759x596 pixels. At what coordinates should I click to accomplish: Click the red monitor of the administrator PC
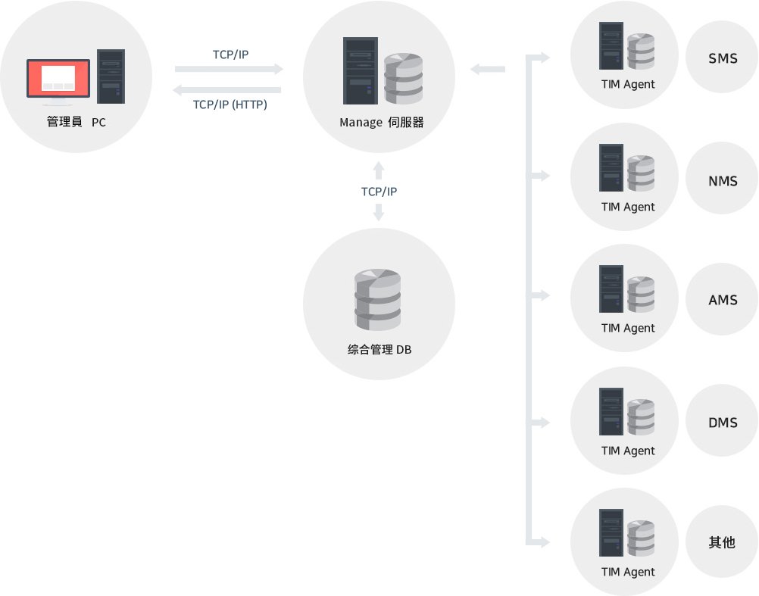pos(58,78)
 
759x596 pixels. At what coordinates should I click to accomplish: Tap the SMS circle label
pos(723,58)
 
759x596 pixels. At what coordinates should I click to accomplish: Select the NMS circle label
pos(723,181)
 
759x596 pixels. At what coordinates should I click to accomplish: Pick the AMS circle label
pos(723,301)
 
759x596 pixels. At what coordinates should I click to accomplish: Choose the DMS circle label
pos(723,423)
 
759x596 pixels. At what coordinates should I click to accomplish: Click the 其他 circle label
pos(723,542)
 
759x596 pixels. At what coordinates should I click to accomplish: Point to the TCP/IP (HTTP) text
pos(230,105)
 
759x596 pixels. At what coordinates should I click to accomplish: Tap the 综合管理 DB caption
pos(379,350)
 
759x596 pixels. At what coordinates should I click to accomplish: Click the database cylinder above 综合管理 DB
pos(378,299)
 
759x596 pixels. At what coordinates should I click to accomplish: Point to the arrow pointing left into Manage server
pos(487,70)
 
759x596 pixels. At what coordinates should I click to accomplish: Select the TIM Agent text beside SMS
pos(628,84)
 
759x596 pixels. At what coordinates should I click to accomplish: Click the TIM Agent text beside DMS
pos(628,451)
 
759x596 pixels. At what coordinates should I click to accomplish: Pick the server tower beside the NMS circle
pos(611,168)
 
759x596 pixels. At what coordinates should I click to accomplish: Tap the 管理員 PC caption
pos(77,122)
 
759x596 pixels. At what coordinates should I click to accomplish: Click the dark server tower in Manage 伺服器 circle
pos(360,71)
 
